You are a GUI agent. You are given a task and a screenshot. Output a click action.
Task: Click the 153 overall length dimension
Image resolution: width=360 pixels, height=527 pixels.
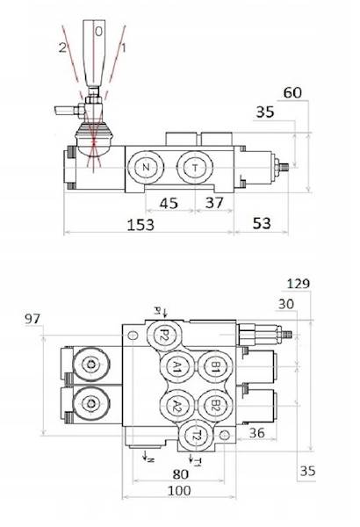pos(139,225)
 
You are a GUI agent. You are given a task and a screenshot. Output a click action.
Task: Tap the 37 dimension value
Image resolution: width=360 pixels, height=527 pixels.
pos(213,204)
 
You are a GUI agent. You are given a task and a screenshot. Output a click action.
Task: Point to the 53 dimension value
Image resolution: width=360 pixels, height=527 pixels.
pos(261,224)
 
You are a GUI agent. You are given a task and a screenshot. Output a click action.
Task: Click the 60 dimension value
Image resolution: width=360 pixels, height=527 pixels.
pos(292,92)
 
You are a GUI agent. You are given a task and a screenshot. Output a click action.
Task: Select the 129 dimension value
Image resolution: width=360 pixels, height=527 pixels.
pos(299,283)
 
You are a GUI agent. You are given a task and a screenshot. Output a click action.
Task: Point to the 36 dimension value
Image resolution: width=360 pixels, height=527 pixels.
pos(256,432)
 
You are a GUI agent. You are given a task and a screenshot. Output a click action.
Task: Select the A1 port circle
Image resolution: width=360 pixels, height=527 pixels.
pos(176,368)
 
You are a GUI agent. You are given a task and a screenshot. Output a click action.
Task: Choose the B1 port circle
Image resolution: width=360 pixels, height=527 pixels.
pos(212,368)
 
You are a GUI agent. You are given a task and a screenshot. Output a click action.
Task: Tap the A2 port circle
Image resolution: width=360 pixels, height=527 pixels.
pos(176,405)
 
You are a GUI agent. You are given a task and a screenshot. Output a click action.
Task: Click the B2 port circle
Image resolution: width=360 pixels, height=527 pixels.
pos(212,405)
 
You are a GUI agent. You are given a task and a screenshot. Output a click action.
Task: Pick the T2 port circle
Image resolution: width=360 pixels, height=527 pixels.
pos(198,435)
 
